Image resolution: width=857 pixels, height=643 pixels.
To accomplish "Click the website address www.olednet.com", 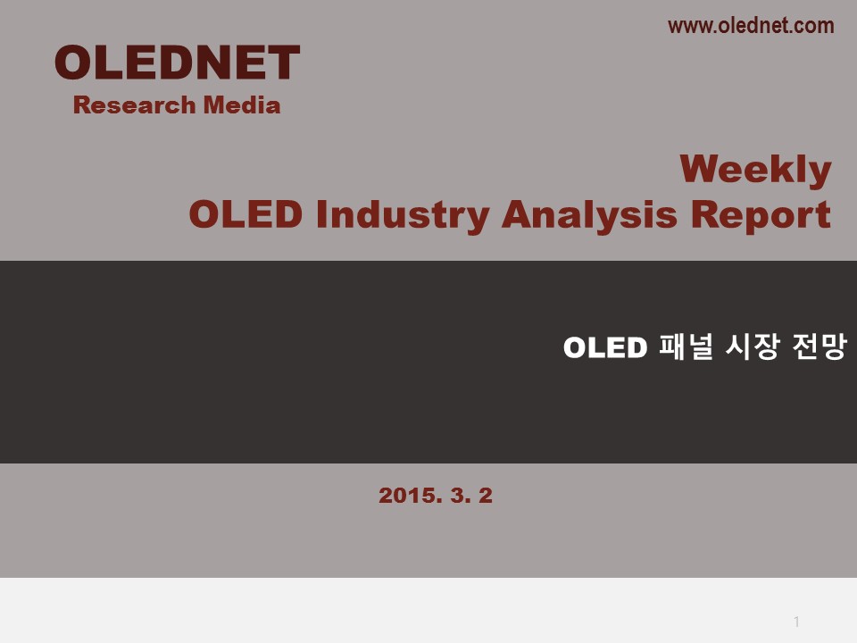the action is (x=751, y=26).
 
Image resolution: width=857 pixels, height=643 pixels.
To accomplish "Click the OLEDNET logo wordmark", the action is (x=177, y=63).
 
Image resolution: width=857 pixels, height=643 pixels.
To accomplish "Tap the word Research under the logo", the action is (x=135, y=105).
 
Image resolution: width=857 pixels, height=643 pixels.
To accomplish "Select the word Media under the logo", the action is (x=242, y=105).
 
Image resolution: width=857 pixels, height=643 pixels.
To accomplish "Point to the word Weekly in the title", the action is (x=755, y=170).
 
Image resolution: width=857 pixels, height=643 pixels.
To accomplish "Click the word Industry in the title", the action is (x=403, y=215).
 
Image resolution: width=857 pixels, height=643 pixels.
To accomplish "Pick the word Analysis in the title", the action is (x=589, y=215).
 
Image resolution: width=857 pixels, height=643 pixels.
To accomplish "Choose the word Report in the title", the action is (x=761, y=215).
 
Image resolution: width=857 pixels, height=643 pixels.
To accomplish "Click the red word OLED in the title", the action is (x=245, y=213).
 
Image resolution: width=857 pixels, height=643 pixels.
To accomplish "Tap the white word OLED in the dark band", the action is (x=605, y=347).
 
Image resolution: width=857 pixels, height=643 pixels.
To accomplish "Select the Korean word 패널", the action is (x=686, y=347).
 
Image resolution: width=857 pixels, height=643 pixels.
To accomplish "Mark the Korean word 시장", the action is (x=752, y=347).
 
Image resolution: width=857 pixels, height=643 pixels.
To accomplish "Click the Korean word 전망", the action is (x=820, y=347).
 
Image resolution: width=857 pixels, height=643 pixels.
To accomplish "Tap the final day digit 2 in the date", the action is (x=486, y=496).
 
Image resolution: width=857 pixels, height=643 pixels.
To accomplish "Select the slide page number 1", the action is (x=797, y=622).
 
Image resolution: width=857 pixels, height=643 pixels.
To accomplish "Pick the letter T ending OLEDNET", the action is (x=284, y=63).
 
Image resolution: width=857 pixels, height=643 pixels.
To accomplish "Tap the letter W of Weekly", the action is (x=702, y=169).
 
